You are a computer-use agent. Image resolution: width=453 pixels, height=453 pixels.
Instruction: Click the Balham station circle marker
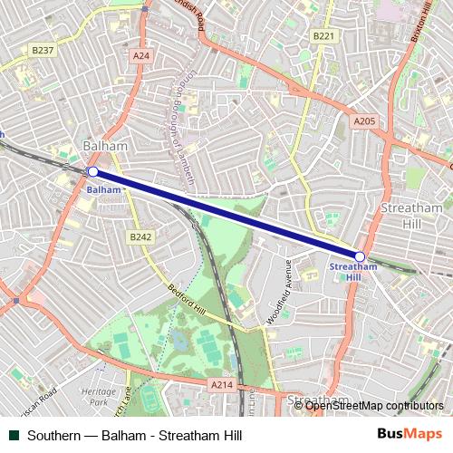pyautogui.click(x=92, y=171)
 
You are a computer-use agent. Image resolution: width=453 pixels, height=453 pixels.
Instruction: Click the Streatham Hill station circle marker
pyautogui.click(x=360, y=256)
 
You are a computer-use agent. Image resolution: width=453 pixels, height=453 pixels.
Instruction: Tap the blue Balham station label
pyautogui.click(x=103, y=190)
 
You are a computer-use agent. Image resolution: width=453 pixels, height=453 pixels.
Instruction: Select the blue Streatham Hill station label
pyautogui.click(x=352, y=272)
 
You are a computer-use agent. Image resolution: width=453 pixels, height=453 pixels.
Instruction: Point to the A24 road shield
pyautogui.click(x=140, y=55)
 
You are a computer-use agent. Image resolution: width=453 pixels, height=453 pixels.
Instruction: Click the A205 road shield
pyautogui.click(x=364, y=120)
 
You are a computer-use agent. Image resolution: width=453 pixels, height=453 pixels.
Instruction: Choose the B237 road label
pyautogui.click(x=42, y=50)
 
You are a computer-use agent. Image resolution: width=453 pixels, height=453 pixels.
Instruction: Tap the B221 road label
pyautogui.click(x=323, y=35)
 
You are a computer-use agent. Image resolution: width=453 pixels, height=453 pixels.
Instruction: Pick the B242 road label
pyautogui.click(x=139, y=236)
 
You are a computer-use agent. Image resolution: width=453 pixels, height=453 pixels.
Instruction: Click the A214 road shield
pyautogui.click(x=222, y=385)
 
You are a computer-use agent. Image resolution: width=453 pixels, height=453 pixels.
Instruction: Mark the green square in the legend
pyautogui.click(x=14, y=436)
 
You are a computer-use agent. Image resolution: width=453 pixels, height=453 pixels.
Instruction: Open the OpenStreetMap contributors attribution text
pyautogui.click(x=374, y=405)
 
